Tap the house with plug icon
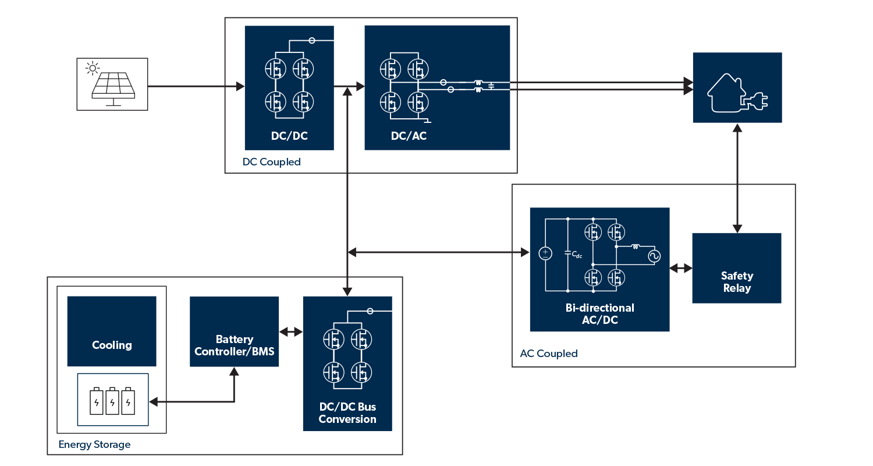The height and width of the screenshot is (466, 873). pos(737,88)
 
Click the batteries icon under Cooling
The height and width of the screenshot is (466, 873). pos(113,400)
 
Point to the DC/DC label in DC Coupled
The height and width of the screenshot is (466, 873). pos(289,136)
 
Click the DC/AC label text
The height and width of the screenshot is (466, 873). pos(409,136)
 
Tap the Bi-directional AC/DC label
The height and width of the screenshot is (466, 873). pos(599,313)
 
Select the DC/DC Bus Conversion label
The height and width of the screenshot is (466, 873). pos(347,413)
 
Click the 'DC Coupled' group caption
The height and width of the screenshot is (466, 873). pos(272,162)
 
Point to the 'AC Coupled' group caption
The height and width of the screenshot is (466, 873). pos(548,354)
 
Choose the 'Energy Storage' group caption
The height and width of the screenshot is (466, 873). pos(94,444)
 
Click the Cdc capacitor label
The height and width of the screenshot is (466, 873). pos(576,255)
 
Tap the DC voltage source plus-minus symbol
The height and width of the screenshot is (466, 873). pos(545,253)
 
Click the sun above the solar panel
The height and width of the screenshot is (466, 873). pos(92,69)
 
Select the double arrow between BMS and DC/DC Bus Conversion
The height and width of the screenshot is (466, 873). pos(291,332)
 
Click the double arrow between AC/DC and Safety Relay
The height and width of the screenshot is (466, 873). pos(680,269)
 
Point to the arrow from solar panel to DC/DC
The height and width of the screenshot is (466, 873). pos(196,87)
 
